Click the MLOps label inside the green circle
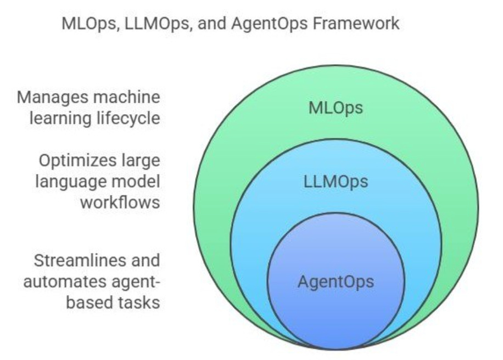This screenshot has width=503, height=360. pos(336,108)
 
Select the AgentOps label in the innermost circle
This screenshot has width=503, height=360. pos(336,282)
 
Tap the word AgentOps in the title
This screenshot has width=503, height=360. pos(277,24)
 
